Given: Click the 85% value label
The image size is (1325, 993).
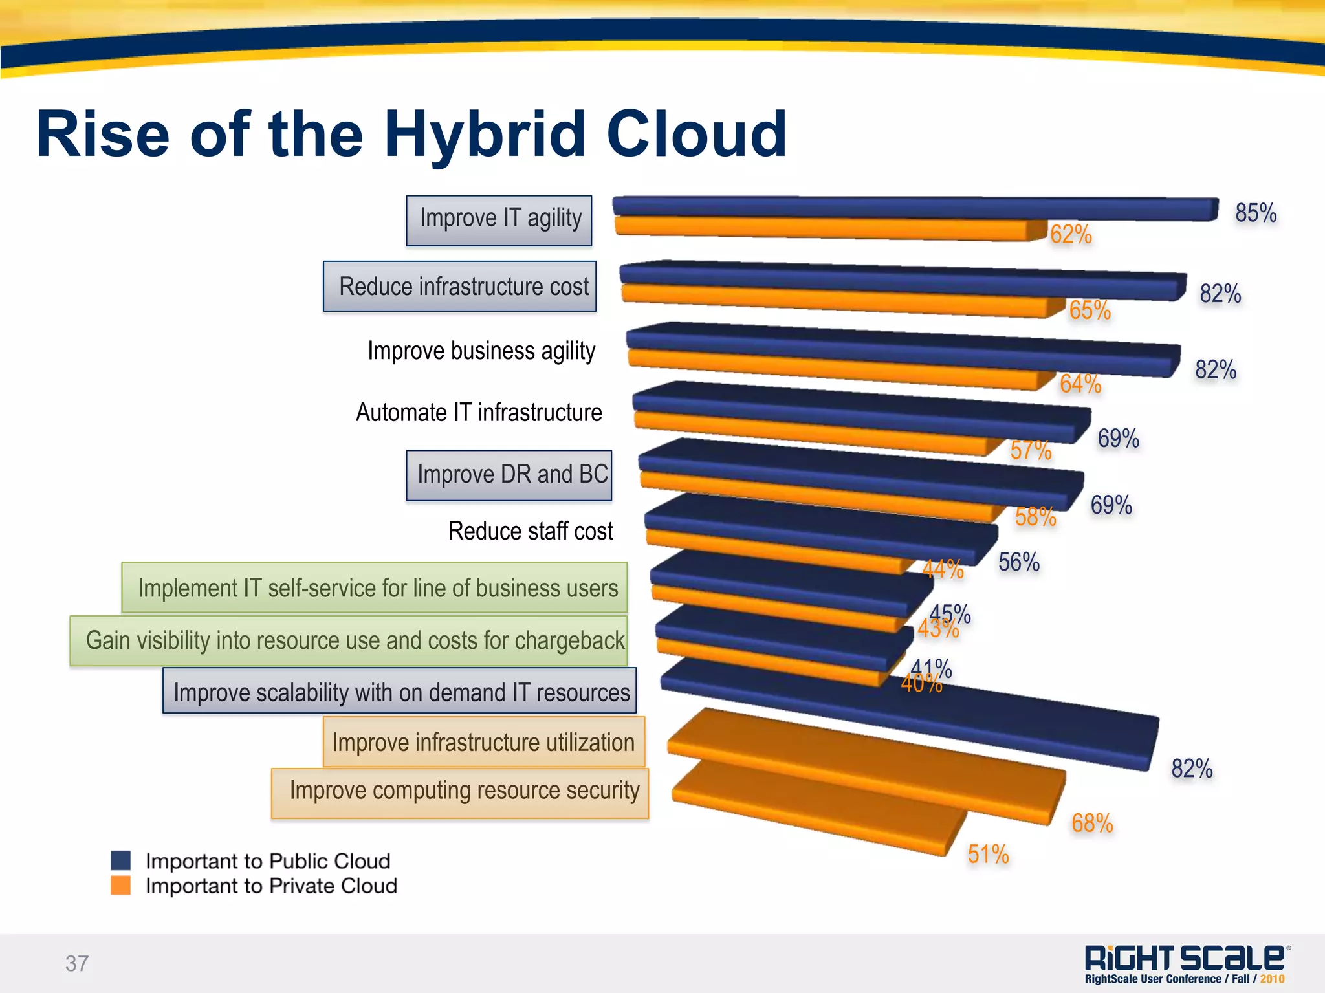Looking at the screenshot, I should click(1255, 213).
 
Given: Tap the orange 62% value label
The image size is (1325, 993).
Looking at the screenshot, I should click(1071, 234).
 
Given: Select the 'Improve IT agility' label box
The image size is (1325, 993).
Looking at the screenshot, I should click(499, 220).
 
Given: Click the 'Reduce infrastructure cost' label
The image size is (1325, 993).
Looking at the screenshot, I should click(460, 286).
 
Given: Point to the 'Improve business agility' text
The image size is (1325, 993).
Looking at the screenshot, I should click(481, 351).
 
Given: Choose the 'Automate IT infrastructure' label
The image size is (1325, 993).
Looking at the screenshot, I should click(479, 413).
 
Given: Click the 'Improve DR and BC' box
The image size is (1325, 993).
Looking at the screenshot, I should click(509, 475).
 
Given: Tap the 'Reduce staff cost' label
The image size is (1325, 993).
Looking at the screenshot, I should click(531, 531).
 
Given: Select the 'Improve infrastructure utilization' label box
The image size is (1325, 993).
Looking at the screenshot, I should click(483, 742).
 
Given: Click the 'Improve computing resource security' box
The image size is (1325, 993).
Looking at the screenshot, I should click(460, 792).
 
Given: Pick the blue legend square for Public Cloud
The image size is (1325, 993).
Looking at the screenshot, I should click(121, 860).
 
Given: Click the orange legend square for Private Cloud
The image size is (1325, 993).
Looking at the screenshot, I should click(121, 885).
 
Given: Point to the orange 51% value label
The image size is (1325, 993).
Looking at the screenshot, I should click(988, 854).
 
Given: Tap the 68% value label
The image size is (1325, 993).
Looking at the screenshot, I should click(1092, 823).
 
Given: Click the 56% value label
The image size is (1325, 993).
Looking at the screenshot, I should click(1018, 562).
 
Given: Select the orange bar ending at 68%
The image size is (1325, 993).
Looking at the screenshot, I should click(867, 767).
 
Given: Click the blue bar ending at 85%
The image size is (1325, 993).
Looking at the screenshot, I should click(912, 207).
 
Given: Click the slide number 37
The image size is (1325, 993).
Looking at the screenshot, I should click(77, 963).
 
